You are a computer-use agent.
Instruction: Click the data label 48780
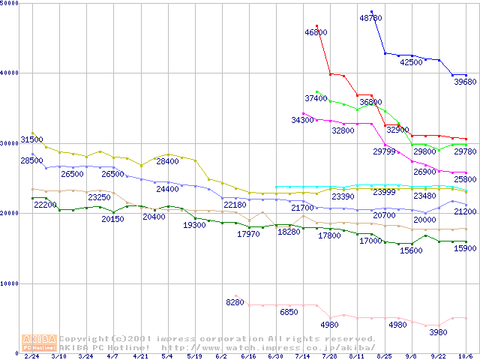coord(371,16)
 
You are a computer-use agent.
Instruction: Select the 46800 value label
coord(316,32)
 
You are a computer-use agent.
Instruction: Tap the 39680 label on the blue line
coord(465,82)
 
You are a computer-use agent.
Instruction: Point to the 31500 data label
coord(31,139)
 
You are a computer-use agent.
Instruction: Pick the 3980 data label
coord(436,332)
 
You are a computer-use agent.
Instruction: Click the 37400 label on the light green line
coord(316,98)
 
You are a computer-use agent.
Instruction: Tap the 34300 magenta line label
coord(302,120)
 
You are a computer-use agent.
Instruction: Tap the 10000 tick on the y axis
coord(10,283)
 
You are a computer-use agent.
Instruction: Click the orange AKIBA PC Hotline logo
coord(39,342)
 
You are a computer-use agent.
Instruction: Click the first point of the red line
coord(316,26)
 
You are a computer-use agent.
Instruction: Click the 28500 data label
coord(31,160)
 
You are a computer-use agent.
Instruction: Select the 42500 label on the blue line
coord(411,63)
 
